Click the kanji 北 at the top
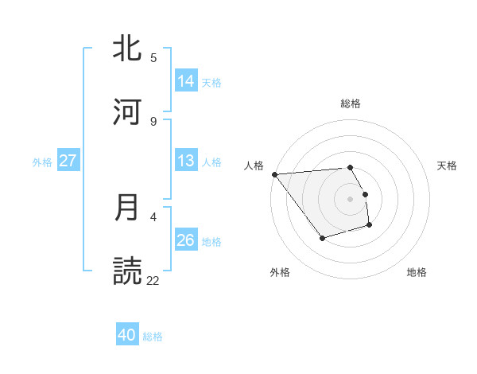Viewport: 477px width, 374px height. point(129,49)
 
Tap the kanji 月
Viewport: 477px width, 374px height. point(129,208)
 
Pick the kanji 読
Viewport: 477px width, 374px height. point(129,271)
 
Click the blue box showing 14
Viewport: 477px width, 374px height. point(186,81)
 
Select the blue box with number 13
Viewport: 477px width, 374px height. point(186,161)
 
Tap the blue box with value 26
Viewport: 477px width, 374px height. point(186,240)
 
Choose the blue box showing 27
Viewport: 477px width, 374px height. point(68,161)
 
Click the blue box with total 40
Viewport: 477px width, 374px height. point(127,336)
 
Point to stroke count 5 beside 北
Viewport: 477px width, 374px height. point(153,58)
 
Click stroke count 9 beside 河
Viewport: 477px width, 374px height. point(153,121)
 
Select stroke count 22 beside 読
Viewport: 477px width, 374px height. point(153,280)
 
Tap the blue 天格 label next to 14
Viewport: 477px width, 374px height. point(211,83)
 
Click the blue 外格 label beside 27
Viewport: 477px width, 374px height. point(42,162)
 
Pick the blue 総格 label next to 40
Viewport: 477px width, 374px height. point(153,337)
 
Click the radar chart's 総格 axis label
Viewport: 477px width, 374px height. point(351,103)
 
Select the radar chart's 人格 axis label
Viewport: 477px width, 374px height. point(254,166)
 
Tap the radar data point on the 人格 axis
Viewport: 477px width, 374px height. point(274,173)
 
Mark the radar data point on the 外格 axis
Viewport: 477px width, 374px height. point(322,238)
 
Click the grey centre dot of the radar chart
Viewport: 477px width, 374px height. point(351,198)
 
